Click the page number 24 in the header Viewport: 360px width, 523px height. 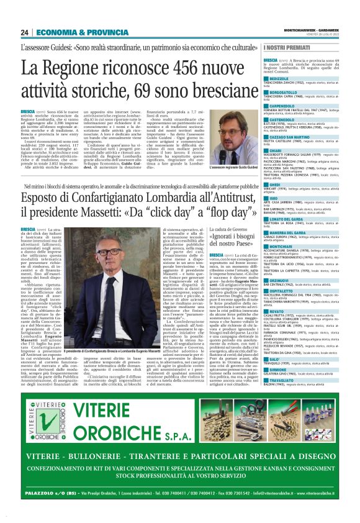point(25,32)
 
